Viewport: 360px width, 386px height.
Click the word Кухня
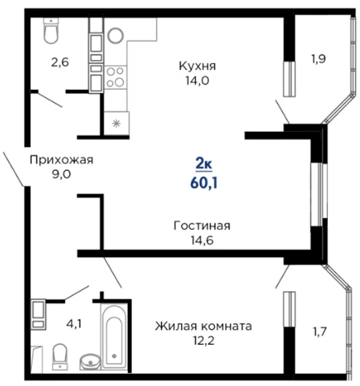point(197,66)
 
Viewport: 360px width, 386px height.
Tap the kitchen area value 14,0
point(197,80)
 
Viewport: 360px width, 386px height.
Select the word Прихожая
point(61,160)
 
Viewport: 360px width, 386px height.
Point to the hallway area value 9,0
point(61,174)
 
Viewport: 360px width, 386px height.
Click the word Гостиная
point(202,225)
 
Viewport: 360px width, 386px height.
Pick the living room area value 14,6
point(202,240)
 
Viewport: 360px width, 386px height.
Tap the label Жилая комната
point(203,326)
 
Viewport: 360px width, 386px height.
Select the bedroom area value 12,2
point(203,341)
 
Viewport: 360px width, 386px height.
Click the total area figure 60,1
point(204,183)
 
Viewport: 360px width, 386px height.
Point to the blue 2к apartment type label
point(204,163)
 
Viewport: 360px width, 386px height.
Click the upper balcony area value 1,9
point(319,59)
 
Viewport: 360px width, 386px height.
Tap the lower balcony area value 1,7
point(319,332)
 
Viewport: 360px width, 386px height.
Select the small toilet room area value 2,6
point(60,63)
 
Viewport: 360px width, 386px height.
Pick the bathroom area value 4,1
point(74,323)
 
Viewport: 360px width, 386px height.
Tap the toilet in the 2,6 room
point(51,30)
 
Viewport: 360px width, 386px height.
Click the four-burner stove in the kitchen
point(115,78)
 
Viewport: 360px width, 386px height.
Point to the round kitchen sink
point(115,36)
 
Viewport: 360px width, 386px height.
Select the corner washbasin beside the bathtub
point(90,362)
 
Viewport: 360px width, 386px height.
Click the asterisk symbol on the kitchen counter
point(116,124)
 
